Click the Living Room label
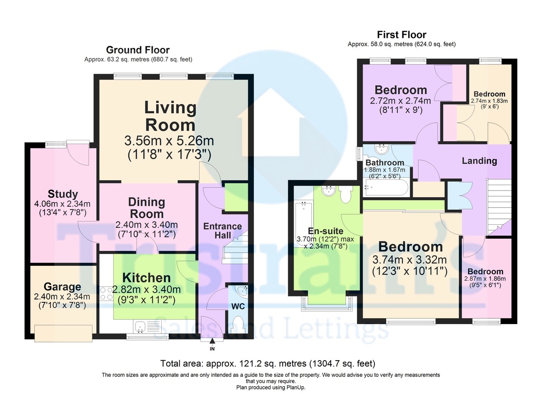(170, 116)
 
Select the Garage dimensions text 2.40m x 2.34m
(62, 297)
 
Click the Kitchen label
(147, 278)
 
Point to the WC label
(238, 306)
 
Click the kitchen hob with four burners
(106, 294)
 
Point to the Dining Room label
(146, 208)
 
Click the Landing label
(479, 161)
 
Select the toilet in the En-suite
(346, 194)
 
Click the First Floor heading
(402, 35)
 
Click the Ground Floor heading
(138, 50)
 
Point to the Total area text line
(268, 363)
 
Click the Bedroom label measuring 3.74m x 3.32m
(410, 247)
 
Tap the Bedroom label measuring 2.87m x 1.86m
(485, 271)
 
